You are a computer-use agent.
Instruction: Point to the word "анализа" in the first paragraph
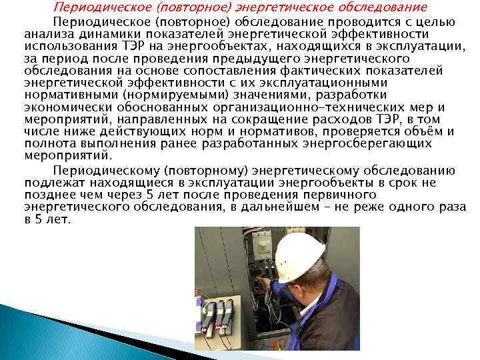[47, 33]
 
